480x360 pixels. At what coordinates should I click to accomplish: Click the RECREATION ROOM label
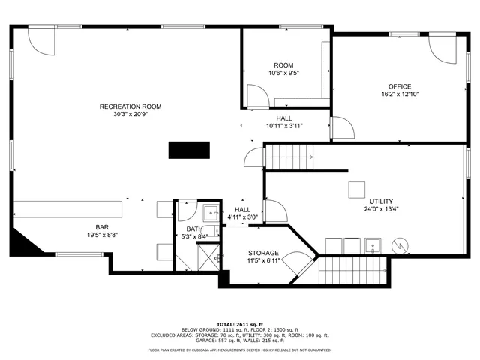point(130,106)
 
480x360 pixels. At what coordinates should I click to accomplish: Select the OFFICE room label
point(399,86)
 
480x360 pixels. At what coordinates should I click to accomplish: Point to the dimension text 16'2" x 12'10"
point(399,95)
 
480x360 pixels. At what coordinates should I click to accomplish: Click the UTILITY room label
point(381,202)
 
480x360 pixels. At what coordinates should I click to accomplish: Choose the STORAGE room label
point(263,253)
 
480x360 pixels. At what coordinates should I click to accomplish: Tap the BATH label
point(194,229)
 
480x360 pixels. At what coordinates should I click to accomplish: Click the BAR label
point(102,226)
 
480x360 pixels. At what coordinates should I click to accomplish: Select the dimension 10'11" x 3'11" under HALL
point(284,127)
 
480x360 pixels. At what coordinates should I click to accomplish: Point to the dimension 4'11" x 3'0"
point(243,217)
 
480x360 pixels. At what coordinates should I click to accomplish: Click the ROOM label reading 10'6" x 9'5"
point(283,65)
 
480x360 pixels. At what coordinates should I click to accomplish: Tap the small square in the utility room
point(356,189)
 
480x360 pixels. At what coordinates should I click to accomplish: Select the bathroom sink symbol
point(211,211)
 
